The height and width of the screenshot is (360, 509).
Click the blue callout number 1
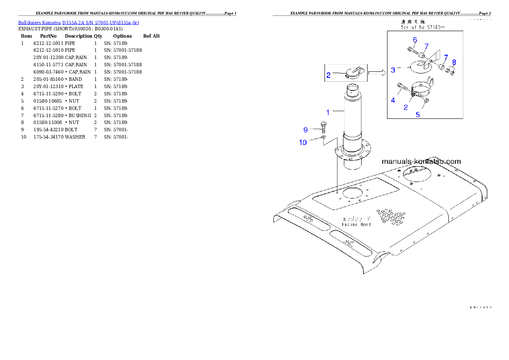click(x=328, y=112)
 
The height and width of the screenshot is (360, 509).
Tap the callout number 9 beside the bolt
click(x=305, y=130)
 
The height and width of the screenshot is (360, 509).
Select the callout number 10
click(x=303, y=142)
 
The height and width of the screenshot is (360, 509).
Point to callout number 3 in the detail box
click(x=393, y=70)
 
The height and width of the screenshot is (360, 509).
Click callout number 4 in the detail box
click(x=393, y=100)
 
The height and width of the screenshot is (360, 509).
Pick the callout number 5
click(x=418, y=115)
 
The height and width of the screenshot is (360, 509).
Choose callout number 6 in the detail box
click(x=414, y=40)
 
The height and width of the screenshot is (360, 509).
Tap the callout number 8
click(x=454, y=62)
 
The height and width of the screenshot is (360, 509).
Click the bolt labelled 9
click(x=323, y=127)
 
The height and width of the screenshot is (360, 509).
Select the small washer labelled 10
click(x=324, y=138)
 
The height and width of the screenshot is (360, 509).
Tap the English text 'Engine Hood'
click(x=356, y=224)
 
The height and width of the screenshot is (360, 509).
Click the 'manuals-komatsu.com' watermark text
click(x=421, y=161)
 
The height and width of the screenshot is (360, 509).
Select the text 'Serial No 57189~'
click(x=423, y=27)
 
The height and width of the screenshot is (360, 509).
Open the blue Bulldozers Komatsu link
click(x=78, y=22)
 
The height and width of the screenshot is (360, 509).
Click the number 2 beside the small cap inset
click(x=328, y=75)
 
